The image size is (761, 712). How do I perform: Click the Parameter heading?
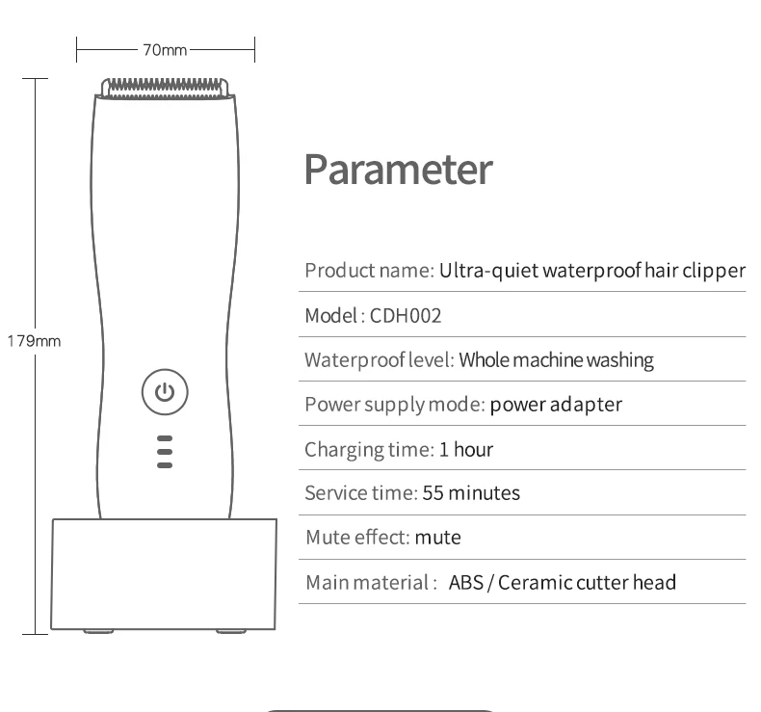pos(398,170)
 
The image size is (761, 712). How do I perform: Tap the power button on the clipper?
pos(165,392)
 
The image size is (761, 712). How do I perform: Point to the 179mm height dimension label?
pos(34,341)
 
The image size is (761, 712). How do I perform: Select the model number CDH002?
pos(406,315)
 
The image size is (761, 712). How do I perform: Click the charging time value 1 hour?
pos(466,449)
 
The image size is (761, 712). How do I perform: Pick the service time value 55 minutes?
pos(471,493)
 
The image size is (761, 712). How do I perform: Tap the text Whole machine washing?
pos(556,360)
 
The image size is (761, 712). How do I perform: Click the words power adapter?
pos(556,405)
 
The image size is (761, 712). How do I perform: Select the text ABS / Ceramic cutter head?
pos(563,582)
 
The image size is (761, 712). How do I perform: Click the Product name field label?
pos(369,271)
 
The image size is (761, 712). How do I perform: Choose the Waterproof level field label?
pos(379,360)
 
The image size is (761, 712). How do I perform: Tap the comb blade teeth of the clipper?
pos(165,87)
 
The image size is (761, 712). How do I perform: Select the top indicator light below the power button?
pos(165,438)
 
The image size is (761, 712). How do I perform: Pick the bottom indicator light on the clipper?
pos(165,465)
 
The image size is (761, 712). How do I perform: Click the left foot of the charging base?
pos(97,632)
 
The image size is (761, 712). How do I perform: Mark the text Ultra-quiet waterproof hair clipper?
pos(592,271)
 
